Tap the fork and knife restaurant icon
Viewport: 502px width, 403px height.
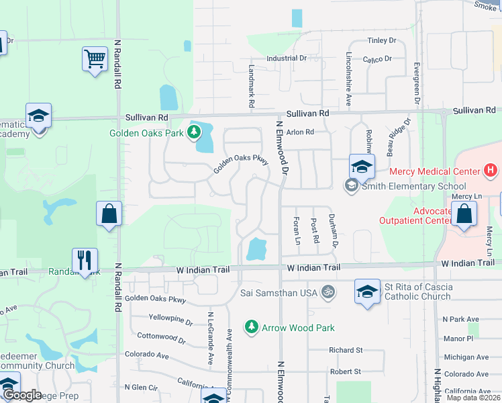click(x=85, y=260)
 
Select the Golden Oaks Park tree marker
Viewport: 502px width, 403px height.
click(x=195, y=132)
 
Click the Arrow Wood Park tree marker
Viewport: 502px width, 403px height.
click(x=252, y=327)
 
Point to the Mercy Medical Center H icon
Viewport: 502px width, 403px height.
click(x=491, y=171)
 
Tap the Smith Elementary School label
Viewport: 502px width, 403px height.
click(x=413, y=186)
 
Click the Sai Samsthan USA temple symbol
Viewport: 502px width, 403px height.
click(x=329, y=292)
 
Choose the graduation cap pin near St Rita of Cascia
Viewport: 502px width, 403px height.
click(x=366, y=292)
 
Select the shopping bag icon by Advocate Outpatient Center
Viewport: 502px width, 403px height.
click(x=464, y=214)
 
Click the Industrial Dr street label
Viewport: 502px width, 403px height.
click(x=287, y=58)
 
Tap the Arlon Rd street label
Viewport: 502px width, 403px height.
click(x=300, y=132)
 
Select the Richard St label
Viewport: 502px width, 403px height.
click(x=346, y=350)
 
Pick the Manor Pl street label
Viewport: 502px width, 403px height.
click(x=458, y=339)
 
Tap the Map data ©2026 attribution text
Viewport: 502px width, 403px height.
click(x=473, y=398)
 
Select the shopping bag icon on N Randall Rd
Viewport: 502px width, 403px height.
click(x=109, y=214)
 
